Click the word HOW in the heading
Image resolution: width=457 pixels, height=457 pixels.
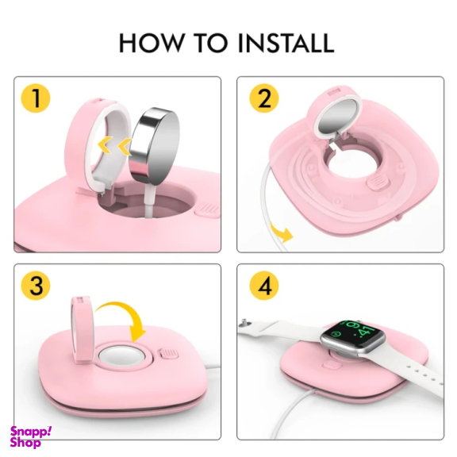click(x=150, y=43)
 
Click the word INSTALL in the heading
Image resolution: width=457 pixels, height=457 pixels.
click(x=286, y=43)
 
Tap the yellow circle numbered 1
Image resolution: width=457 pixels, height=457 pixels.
click(x=36, y=98)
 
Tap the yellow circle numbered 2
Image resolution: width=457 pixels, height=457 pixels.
click(x=264, y=98)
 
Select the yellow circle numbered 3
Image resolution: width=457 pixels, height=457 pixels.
click(x=36, y=286)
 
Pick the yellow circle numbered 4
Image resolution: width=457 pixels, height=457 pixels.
click(x=264, y=286)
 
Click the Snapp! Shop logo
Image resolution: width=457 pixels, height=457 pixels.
click(x=30, y=436)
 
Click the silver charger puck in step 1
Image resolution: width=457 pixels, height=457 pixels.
click(x=154, y=140)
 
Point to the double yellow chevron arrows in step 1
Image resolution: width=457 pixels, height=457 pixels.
click(x=114, y=145)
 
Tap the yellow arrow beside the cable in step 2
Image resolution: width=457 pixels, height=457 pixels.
click(x=281, y=232)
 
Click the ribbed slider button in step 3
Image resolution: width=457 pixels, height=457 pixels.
click(x=168, y=355)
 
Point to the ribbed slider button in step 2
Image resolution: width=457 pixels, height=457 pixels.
click(x=378, y=183)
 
